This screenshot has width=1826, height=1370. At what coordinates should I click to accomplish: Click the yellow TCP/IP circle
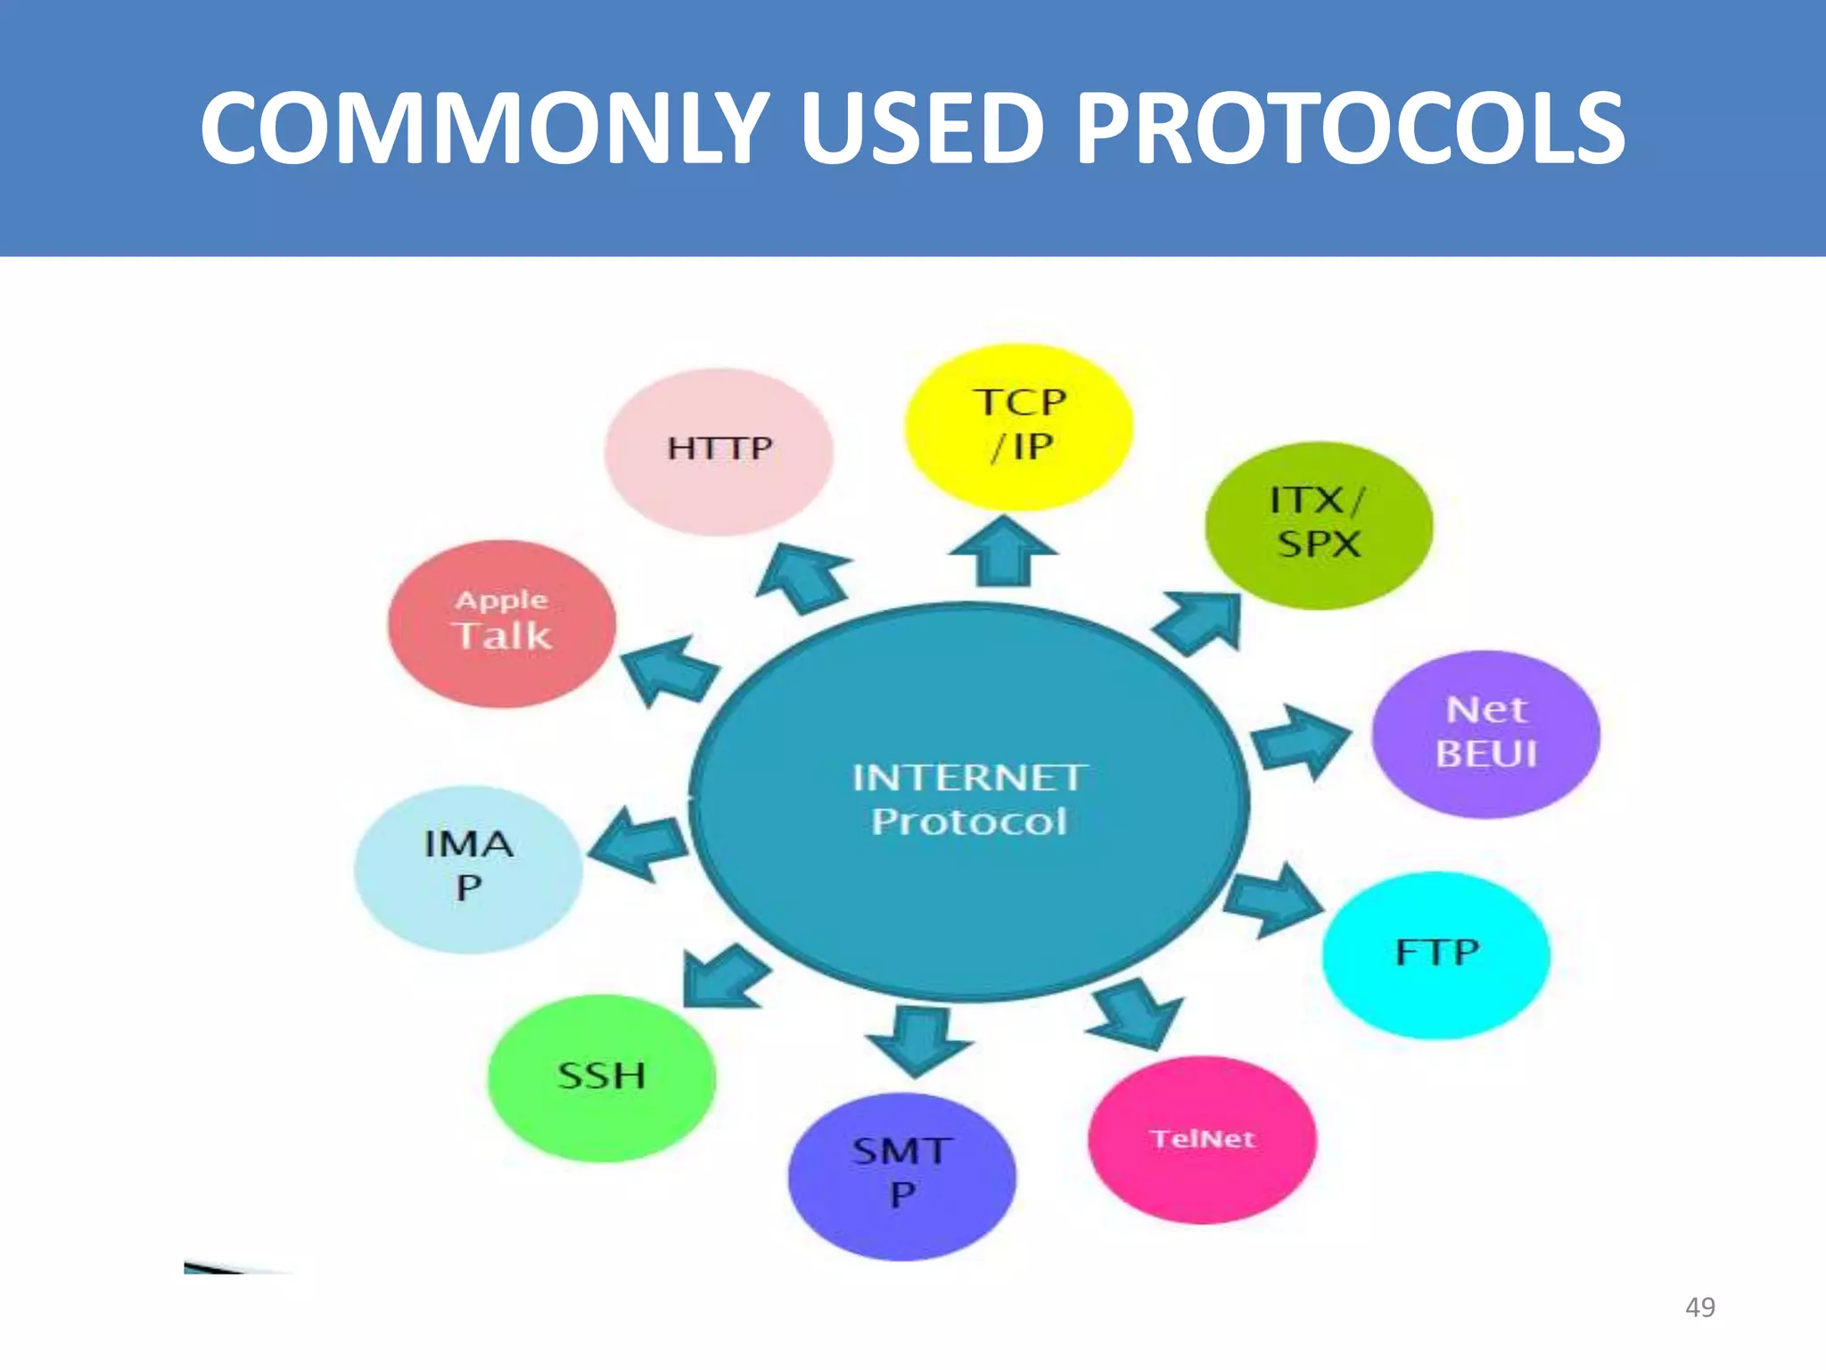pyautogui.click(x=1018, y=426)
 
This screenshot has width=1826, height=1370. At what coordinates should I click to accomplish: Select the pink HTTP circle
pyautogui.click(x=719, y=451)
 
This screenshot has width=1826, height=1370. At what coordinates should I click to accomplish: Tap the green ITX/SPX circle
pyautogui.click(x=1318, y=524)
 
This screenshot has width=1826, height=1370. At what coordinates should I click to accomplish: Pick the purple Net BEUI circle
pyautogui.click(x=1485, y=733)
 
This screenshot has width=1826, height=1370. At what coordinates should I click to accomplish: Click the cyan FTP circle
pyautogui.click(x=1435, y=954)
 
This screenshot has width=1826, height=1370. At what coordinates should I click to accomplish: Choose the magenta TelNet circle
pyautogui.click(x=1202, y=1139)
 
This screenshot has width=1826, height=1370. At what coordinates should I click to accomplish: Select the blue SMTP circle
pyautogui.click(x=901, y=1175)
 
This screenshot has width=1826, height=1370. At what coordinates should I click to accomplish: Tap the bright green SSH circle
pyautogui.click(x=601, y=1077)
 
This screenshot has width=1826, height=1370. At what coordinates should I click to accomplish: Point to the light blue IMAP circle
pyautogui.click(x=468, y=868)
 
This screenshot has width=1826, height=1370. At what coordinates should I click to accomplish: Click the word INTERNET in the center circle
pyautogui.click(x=967, y=778)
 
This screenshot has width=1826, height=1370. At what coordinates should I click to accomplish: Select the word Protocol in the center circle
pyautogui.click(x=969, y=821)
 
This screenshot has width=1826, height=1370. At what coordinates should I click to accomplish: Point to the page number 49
pyautogui.click(x=1699, y=1307)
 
